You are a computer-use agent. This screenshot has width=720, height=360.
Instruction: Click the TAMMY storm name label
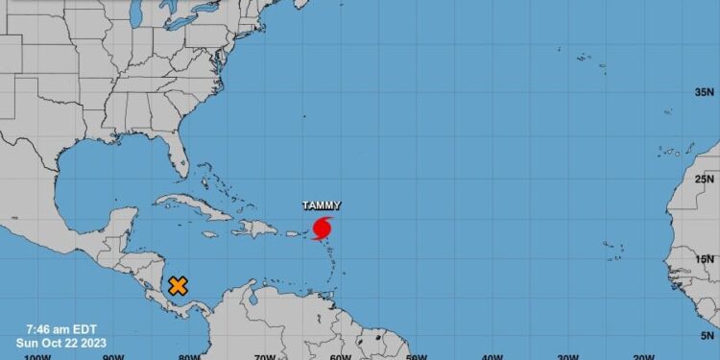coord(321,205)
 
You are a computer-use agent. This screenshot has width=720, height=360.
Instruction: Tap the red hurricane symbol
coord(322,228)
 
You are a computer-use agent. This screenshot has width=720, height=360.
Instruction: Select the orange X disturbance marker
coord(178,285)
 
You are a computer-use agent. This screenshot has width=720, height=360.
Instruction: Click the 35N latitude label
coord(706,92)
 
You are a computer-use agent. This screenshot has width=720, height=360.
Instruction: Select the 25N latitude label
coord(706,179)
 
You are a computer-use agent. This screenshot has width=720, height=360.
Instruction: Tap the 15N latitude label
coord(706,258)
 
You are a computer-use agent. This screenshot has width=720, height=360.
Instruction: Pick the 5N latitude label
coord(708,336)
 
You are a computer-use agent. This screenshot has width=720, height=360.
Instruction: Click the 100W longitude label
coord(36,356)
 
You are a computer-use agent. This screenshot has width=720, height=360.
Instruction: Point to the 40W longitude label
coord(492,356)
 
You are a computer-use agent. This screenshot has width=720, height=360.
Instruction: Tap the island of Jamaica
coord(210,234)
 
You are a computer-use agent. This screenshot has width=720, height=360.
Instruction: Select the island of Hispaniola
coord(254,228)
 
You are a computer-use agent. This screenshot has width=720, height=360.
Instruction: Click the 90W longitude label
coord(113,356)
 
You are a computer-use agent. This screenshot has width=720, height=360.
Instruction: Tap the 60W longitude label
coord(340,356)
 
